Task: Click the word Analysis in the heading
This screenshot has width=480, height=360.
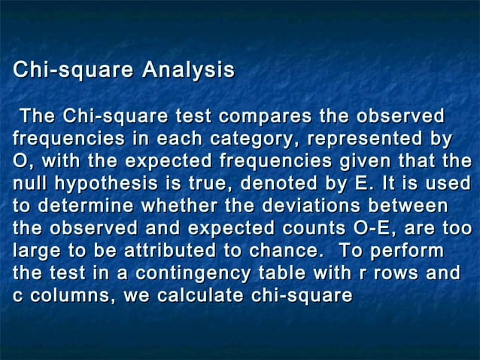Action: point(189,71)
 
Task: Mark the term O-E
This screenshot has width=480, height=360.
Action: point(376,229)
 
